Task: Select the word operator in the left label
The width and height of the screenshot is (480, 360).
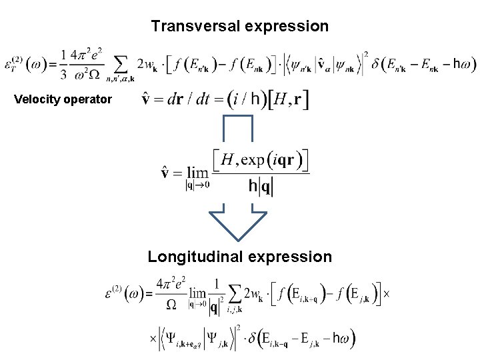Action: (88, 100)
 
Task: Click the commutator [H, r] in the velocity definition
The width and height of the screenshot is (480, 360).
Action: (288, 101)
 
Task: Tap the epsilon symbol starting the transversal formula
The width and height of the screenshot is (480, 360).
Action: (12, 65)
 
